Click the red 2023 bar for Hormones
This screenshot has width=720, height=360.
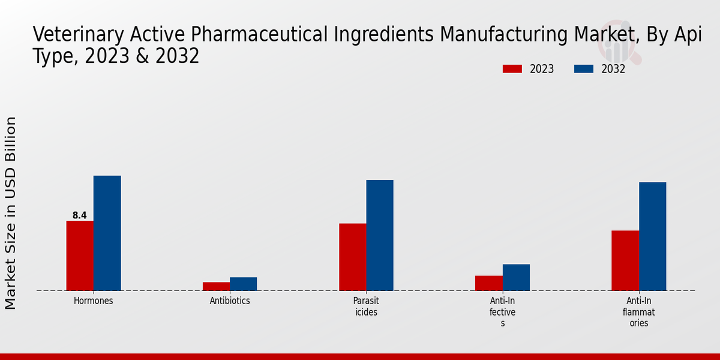click(x=80, y=256)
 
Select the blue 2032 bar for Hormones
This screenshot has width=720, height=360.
click(x=107, y=233)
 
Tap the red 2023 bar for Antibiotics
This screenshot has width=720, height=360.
click(x=216, y=286)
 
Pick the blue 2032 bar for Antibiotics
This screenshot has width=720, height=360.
click(x=243, y=284)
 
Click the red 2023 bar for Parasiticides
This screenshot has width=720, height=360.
click(x=353, y=257)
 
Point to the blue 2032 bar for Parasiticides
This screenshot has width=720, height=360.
click(x=380, y=235)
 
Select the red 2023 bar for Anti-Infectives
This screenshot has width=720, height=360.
click(x=489, y=283)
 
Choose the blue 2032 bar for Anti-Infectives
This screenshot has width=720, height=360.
click(x=516, y=277)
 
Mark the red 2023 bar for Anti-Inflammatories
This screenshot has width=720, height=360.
click(x=625, y=260)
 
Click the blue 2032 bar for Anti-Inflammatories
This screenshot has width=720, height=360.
click(x=652, y=236)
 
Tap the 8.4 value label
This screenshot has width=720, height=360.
click(x=80, y=215)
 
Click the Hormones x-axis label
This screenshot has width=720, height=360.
click(x=93, y=301)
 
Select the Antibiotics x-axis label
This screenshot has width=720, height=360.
click(x=230, y=301)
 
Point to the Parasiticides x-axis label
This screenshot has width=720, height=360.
click(x=366, y=306)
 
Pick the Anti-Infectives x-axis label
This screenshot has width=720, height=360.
click(x=503, y=311)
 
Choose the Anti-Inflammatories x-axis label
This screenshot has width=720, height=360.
click(x=638, y=311)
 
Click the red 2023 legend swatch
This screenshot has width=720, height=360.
click(x=512, y=69)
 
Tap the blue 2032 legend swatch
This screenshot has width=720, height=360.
click(x=584, y=69)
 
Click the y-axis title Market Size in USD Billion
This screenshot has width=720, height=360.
click(x=11, y=213)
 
